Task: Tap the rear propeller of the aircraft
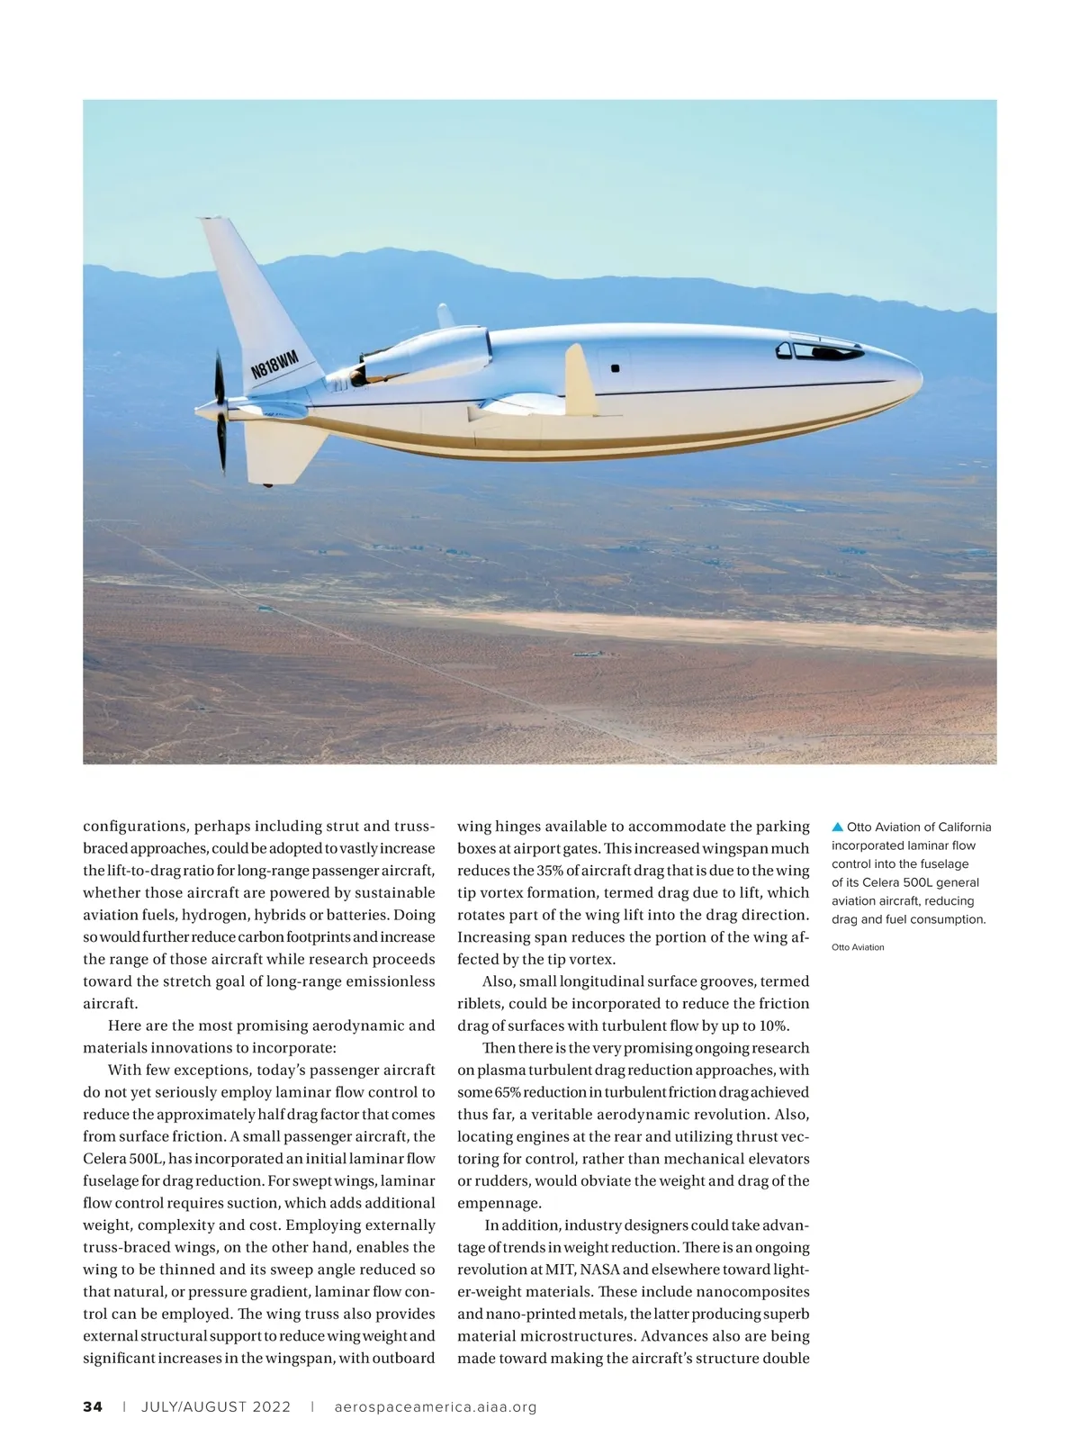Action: pos(220,411)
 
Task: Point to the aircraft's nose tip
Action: pos(918,378)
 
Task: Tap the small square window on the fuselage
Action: pos(616,368)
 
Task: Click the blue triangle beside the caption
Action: pos(837,827)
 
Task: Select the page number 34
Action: pos(93,1406)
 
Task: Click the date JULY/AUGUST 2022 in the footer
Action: pos(216,1406)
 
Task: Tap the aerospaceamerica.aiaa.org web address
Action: pos(435,1406)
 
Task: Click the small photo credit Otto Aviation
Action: pos(858,947)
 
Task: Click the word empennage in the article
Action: pos(499,1203)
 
